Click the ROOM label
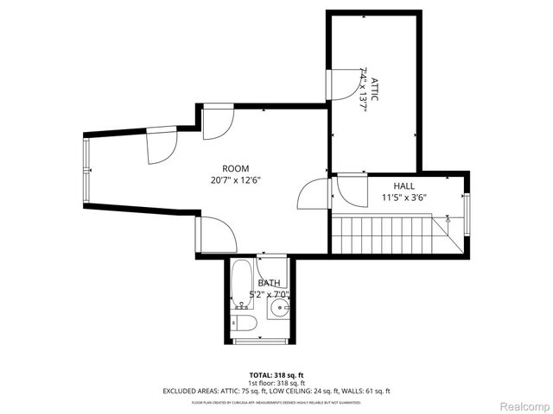coord(235,168)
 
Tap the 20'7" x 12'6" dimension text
coord(235,181)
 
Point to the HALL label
coord(404,185)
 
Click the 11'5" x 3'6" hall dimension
coord(404,198)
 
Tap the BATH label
coord(269,283)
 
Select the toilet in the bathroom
coord(244,323)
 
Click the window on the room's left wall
coord(86,168)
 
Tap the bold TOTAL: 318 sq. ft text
coord(276,375)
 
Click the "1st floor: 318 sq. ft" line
coord(276,383)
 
